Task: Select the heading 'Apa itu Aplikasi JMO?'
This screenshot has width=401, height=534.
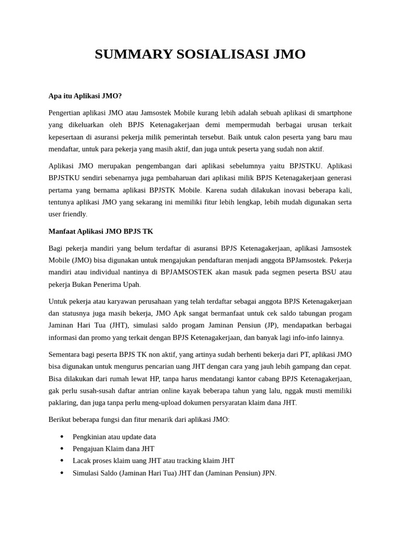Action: point(85,96)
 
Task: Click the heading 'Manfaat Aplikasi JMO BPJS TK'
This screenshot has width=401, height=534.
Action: point(101,231)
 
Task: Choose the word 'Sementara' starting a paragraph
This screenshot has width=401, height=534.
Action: point(65,354)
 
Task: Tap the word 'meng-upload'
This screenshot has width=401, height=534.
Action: point(166,402)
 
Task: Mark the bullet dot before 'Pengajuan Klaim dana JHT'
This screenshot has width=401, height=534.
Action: point(62,449)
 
